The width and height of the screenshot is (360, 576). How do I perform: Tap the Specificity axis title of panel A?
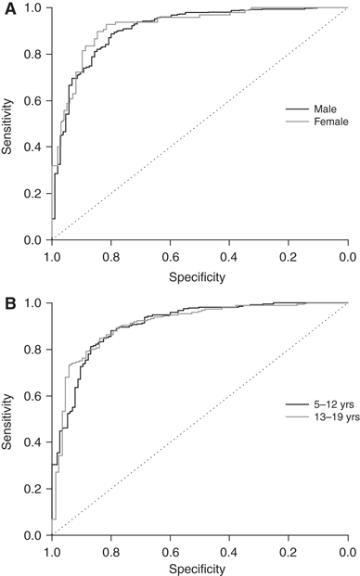pos(199,275)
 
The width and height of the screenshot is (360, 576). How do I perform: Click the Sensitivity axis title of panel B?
pos(8,419)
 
